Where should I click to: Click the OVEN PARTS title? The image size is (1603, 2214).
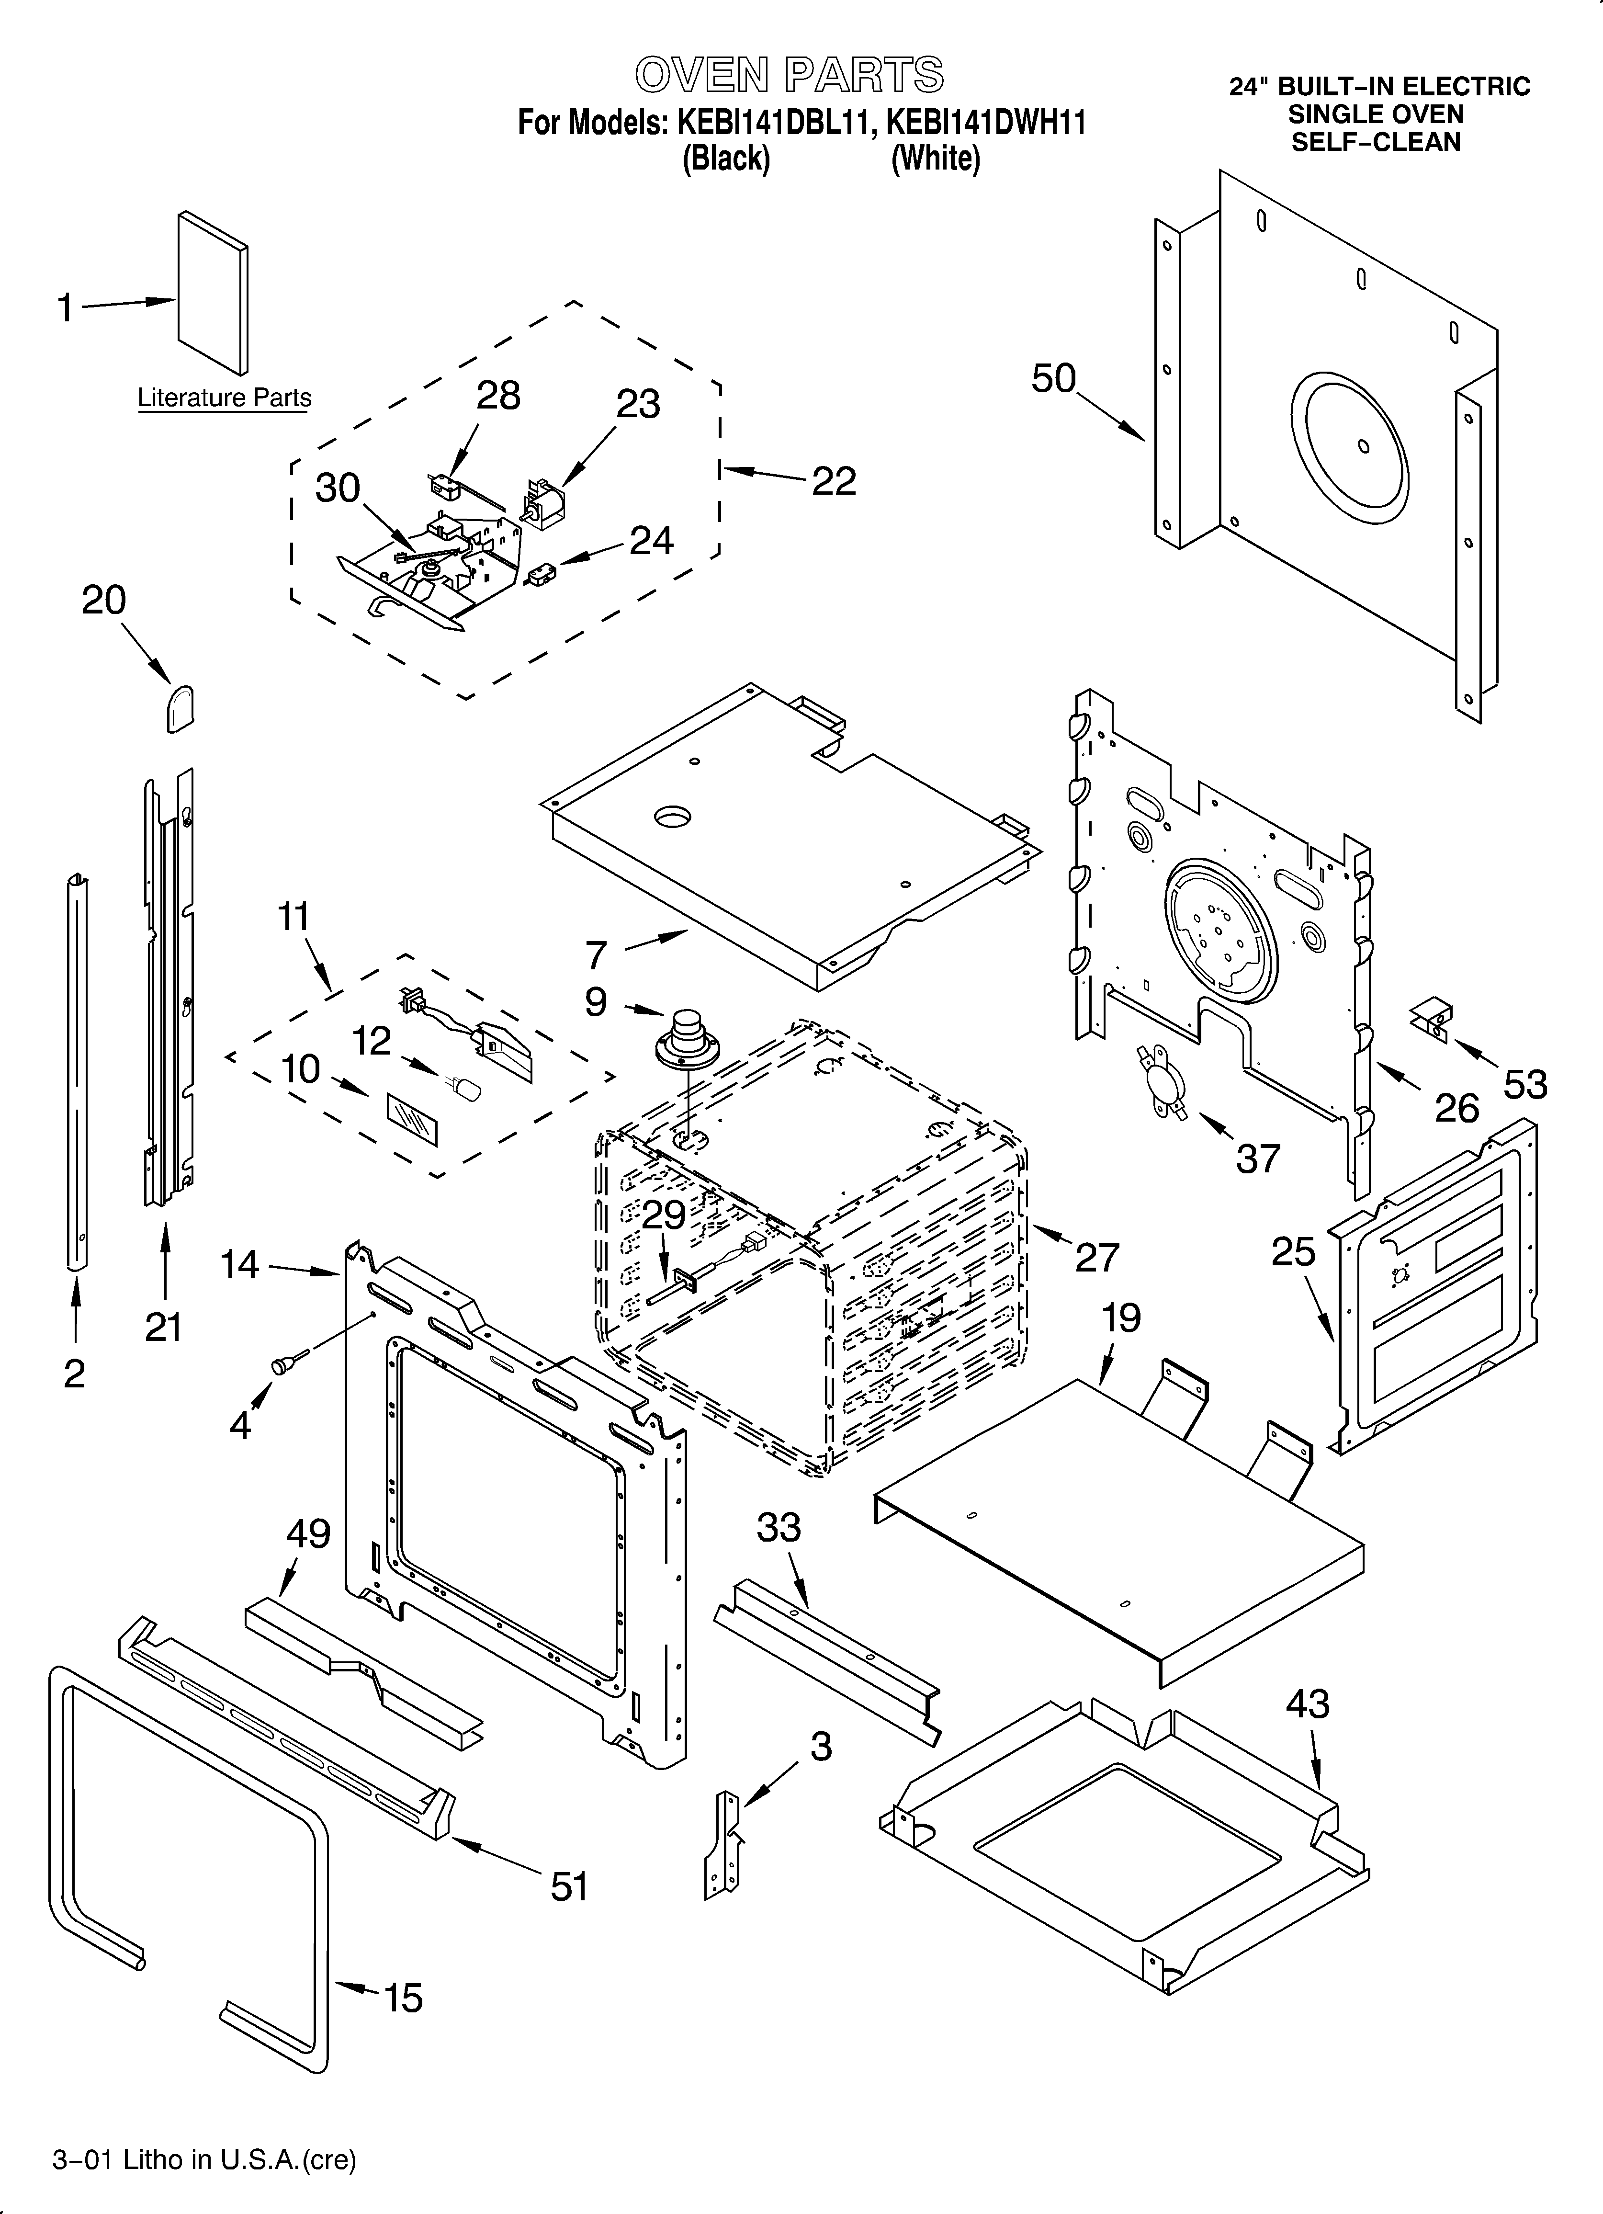coord(789,75)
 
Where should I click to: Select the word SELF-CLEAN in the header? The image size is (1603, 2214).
coord(1376,143)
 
